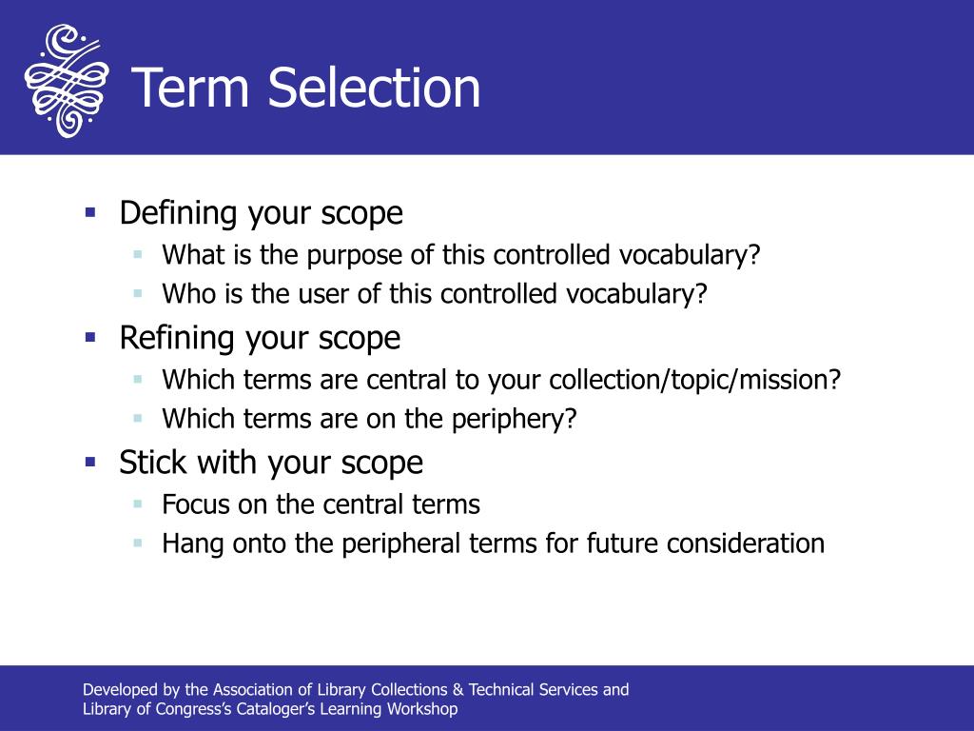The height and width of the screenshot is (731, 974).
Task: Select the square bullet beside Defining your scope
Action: click(90, 211)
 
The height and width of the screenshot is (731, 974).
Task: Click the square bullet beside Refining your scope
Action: click(90, 336)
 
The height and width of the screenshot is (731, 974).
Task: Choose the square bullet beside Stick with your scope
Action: click(90, 461)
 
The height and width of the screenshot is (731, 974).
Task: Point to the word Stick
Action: click(150, 463)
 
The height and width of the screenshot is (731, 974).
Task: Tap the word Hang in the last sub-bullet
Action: click(192, 543)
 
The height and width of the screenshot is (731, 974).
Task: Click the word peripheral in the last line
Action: click(387, 543)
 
